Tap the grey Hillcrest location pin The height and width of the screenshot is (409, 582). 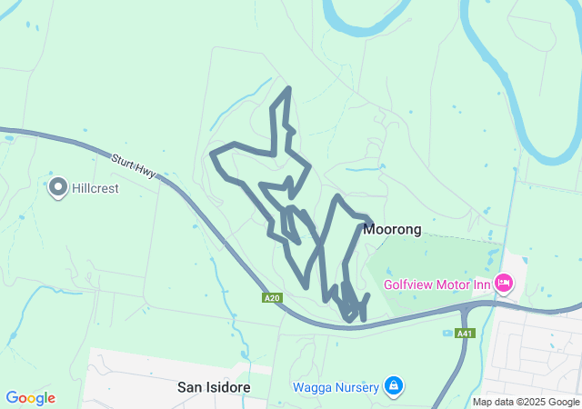coord(58,187)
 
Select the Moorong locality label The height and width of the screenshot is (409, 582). coord(392,229)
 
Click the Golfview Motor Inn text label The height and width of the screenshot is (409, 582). coord(437,284)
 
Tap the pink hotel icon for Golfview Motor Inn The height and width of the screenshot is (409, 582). coord(504,284)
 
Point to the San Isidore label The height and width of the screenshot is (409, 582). coord(213,387)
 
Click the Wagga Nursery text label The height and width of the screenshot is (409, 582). coord(336,387)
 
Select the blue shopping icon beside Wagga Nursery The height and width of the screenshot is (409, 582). coord(393,387)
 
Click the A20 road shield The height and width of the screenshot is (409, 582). coord(271,298)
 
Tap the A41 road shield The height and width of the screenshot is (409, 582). coord(465,333)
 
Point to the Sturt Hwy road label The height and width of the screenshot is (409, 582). coord(135,166)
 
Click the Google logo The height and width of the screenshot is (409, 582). coord(30,398)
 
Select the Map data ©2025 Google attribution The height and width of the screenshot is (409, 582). coord(526,402)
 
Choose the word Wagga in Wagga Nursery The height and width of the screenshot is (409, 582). coord(311,387)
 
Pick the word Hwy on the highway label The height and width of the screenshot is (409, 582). coord(147,173)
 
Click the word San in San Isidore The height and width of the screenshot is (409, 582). coord(187,387)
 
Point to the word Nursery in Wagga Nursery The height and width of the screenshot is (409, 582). coord(356,387)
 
